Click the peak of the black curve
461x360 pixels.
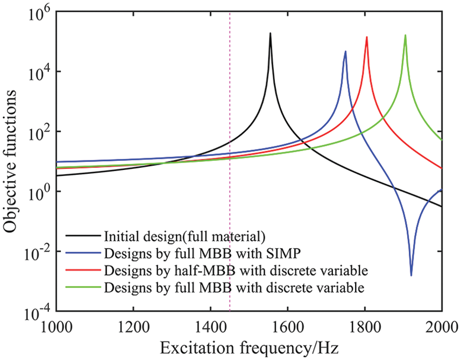coord(271,33)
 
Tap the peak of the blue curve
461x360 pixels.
coord(345,52)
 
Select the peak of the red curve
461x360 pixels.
coord(367,37)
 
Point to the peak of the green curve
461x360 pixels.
coord(406,36)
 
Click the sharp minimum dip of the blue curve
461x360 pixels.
coord(412,276)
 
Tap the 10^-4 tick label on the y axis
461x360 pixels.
coord(33,312)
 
